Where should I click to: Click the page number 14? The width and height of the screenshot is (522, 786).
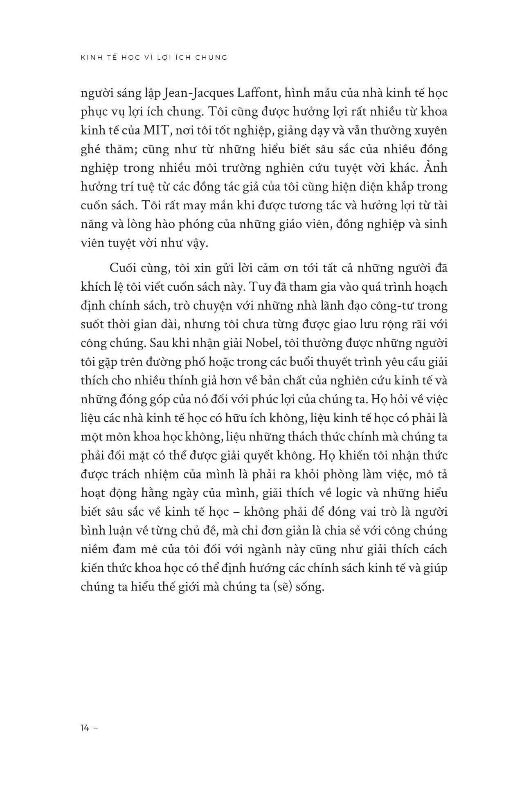tap(85, 728)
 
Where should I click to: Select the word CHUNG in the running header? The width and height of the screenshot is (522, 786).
tap(213, 58)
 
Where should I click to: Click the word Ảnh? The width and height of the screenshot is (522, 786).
tap(438, 168)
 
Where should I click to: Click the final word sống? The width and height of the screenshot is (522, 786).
tap(312, 588)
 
